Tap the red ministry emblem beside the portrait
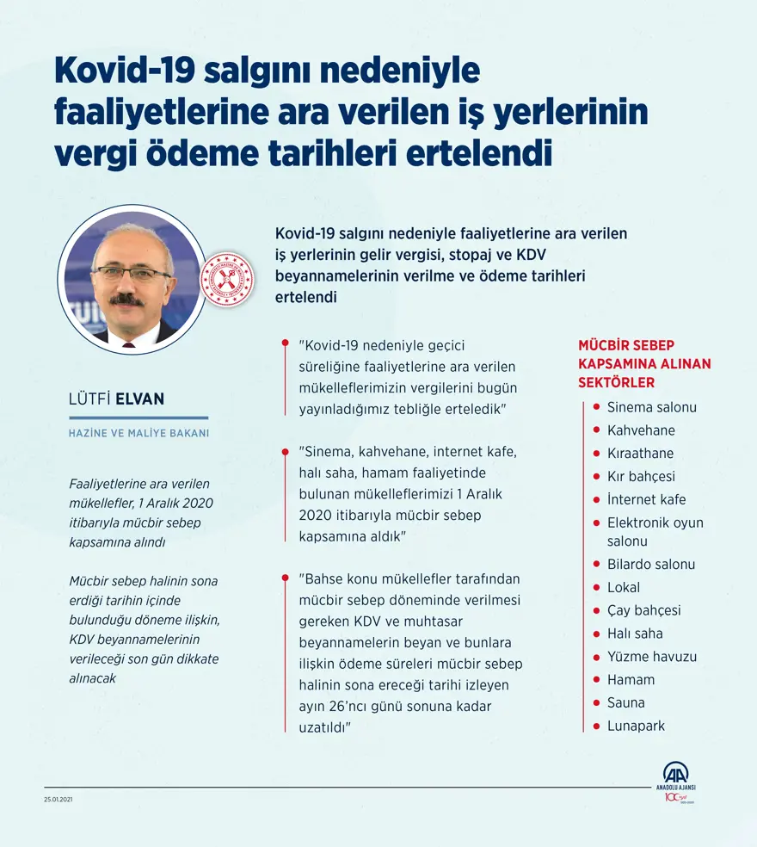point(226,278)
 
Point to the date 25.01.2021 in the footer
point(59,800)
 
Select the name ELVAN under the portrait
point(142,399)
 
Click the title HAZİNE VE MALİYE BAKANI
point(138,434)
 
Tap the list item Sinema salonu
point(651,407)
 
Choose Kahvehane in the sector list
point(641,430)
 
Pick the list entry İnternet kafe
point(646,499)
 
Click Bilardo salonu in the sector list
point(650,565)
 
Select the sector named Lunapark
point(636,726)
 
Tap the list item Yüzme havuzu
point(651,657)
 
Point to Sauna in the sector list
point(625,702)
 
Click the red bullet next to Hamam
point(595,680)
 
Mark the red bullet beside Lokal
point(595,588)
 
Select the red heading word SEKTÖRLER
point(616,382)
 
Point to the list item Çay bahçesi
point(643,610)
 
